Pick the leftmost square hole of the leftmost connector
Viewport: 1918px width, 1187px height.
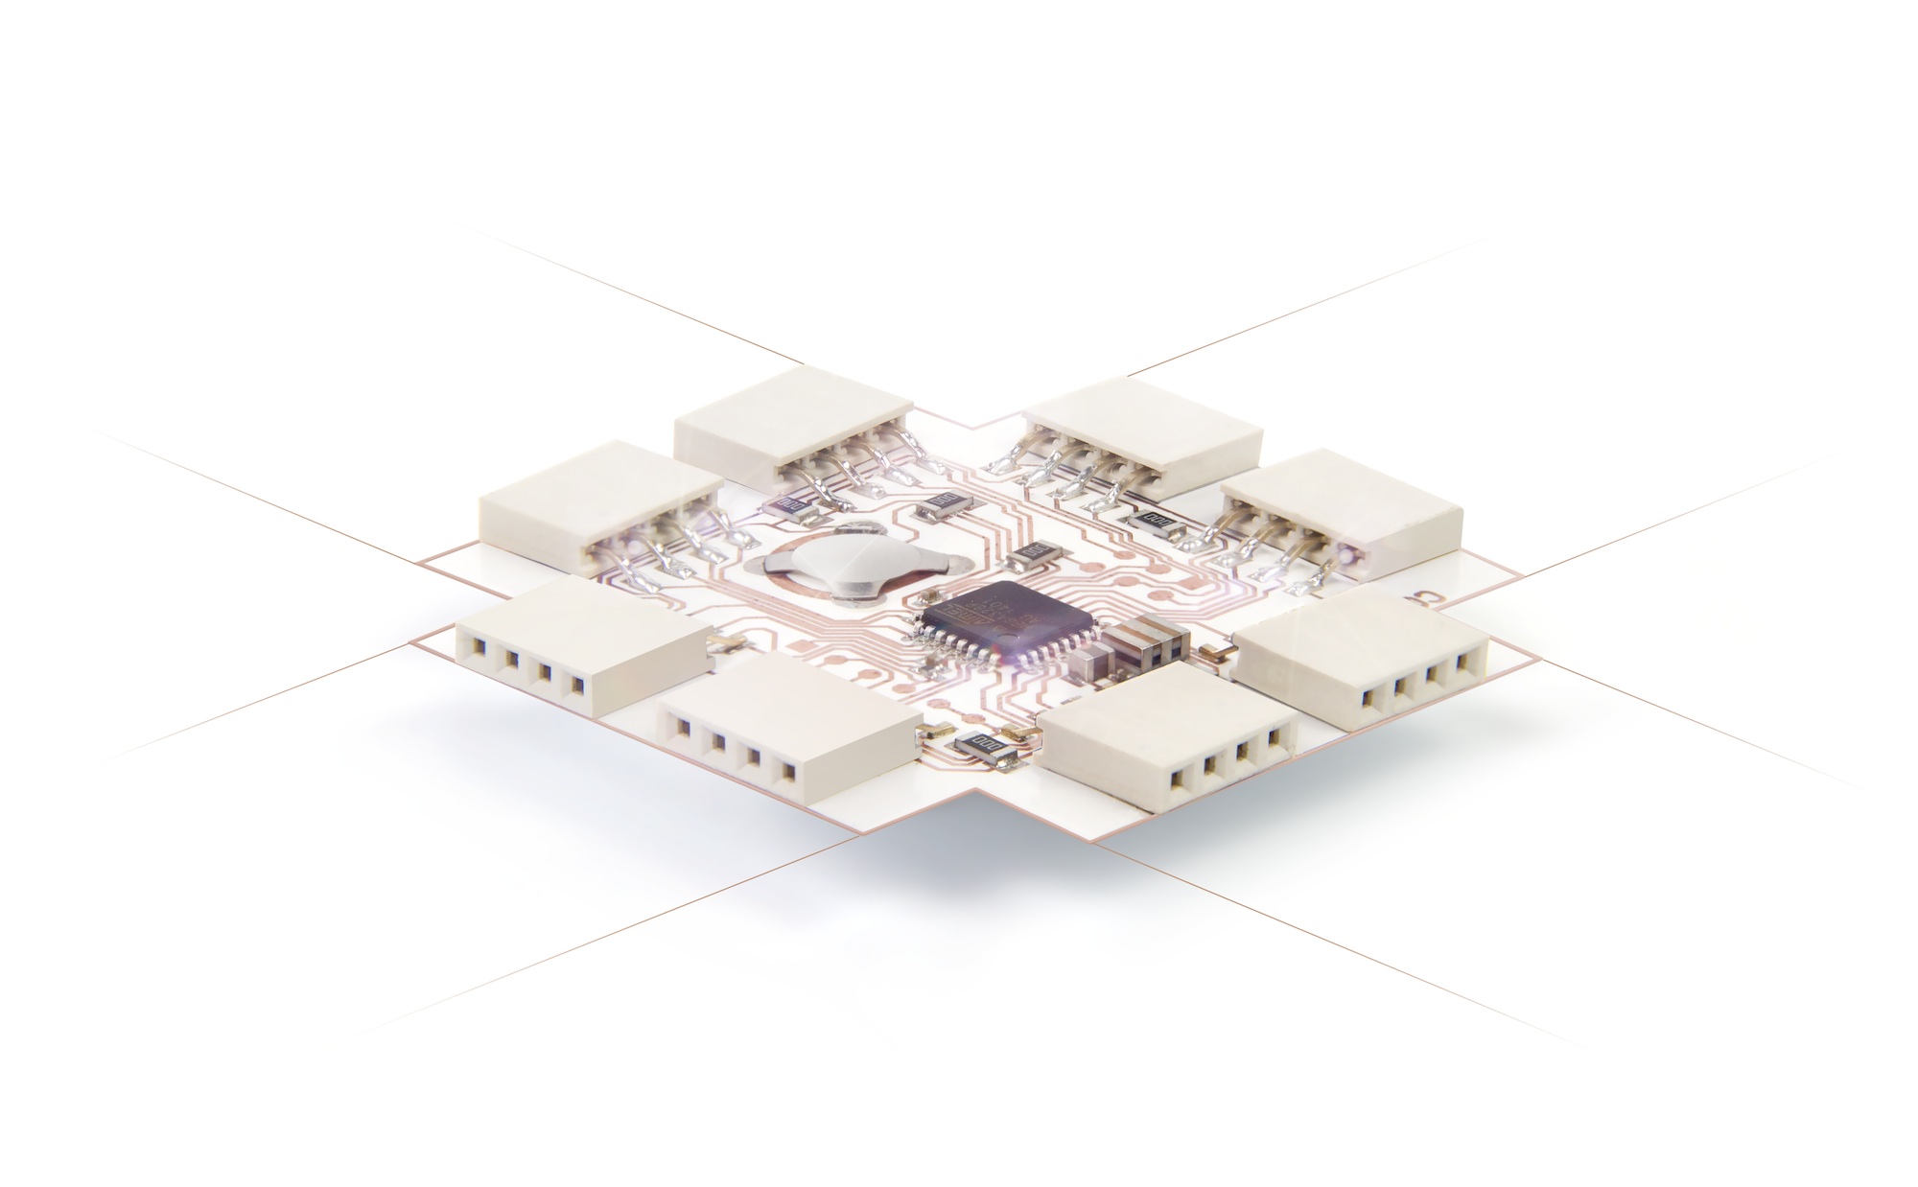coord(472,650)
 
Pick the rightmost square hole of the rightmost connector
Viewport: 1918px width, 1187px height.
coord(1463,663)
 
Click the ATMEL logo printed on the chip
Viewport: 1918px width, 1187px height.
coord(969,614)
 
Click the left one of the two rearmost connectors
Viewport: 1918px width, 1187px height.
coord(791,423)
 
